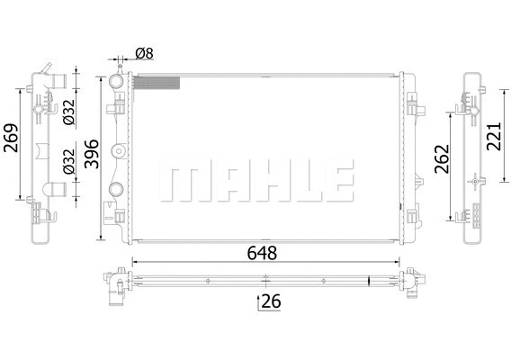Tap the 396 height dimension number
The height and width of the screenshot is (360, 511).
click(92, 156)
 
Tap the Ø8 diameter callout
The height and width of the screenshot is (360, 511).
click(143, 54)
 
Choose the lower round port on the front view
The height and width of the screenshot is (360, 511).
click(117, 189)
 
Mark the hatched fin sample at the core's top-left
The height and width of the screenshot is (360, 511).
click(156, 83)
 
